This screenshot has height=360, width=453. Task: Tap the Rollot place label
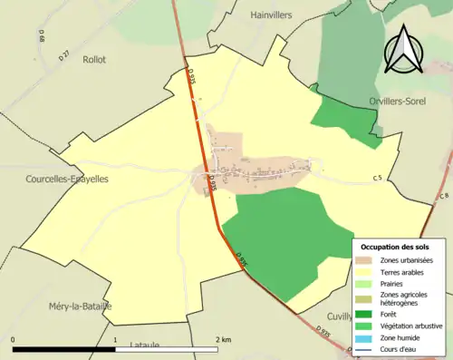click(x=95, y=59)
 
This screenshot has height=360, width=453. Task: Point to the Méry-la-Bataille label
click(x=82, y=306)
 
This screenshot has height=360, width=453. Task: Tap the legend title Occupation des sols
click(x=397, y=247)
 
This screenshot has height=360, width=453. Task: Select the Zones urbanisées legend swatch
click(x=367, y=261)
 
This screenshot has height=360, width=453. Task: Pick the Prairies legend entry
click(x=390, y=284)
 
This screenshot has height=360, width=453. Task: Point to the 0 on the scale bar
click(x=14, y=339)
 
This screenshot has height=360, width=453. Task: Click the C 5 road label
click(x=377, y=179)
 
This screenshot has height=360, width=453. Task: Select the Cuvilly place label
click(x=337, y=317)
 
